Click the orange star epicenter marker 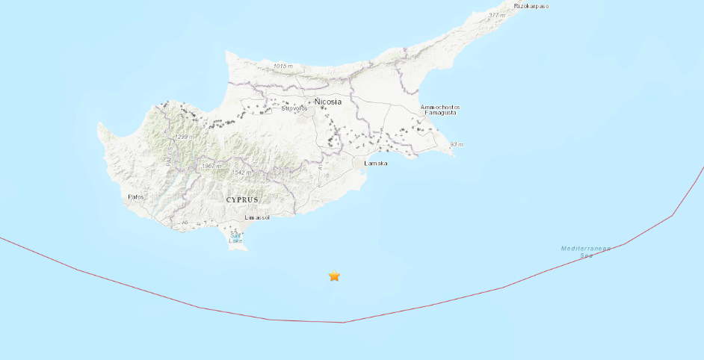tap(334, 276)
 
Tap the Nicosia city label tap(328, 101)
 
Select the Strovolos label tap(294, 108)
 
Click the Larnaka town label tap(376, 163)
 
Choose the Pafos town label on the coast tap(136, 197)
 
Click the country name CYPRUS tap(242, 200)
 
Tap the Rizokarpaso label tap(531, 6)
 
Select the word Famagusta tap(439, 114)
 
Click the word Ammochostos tap(440, 107)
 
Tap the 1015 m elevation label tap(282, 66)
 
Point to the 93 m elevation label tap(457, 144)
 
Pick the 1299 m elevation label tap(184, 137)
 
